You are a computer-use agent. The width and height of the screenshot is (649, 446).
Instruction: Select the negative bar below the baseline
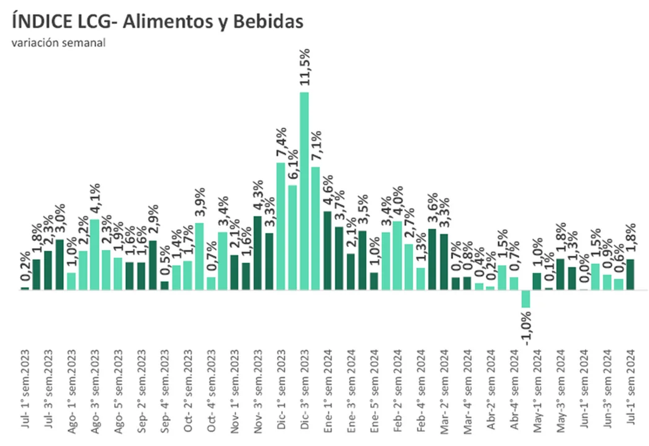click(x=526, y=298)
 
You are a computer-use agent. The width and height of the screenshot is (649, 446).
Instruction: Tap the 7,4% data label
click(x=281, y=141)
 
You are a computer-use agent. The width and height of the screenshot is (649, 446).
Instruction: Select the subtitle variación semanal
click(x=58, y=42)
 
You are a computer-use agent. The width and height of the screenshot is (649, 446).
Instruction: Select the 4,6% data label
click(x=328, y=192)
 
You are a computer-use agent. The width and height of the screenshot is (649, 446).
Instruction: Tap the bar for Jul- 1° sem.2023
click(x=25, y=288)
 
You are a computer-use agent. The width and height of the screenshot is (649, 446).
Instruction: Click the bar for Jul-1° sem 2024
click(x=630, y=274)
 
